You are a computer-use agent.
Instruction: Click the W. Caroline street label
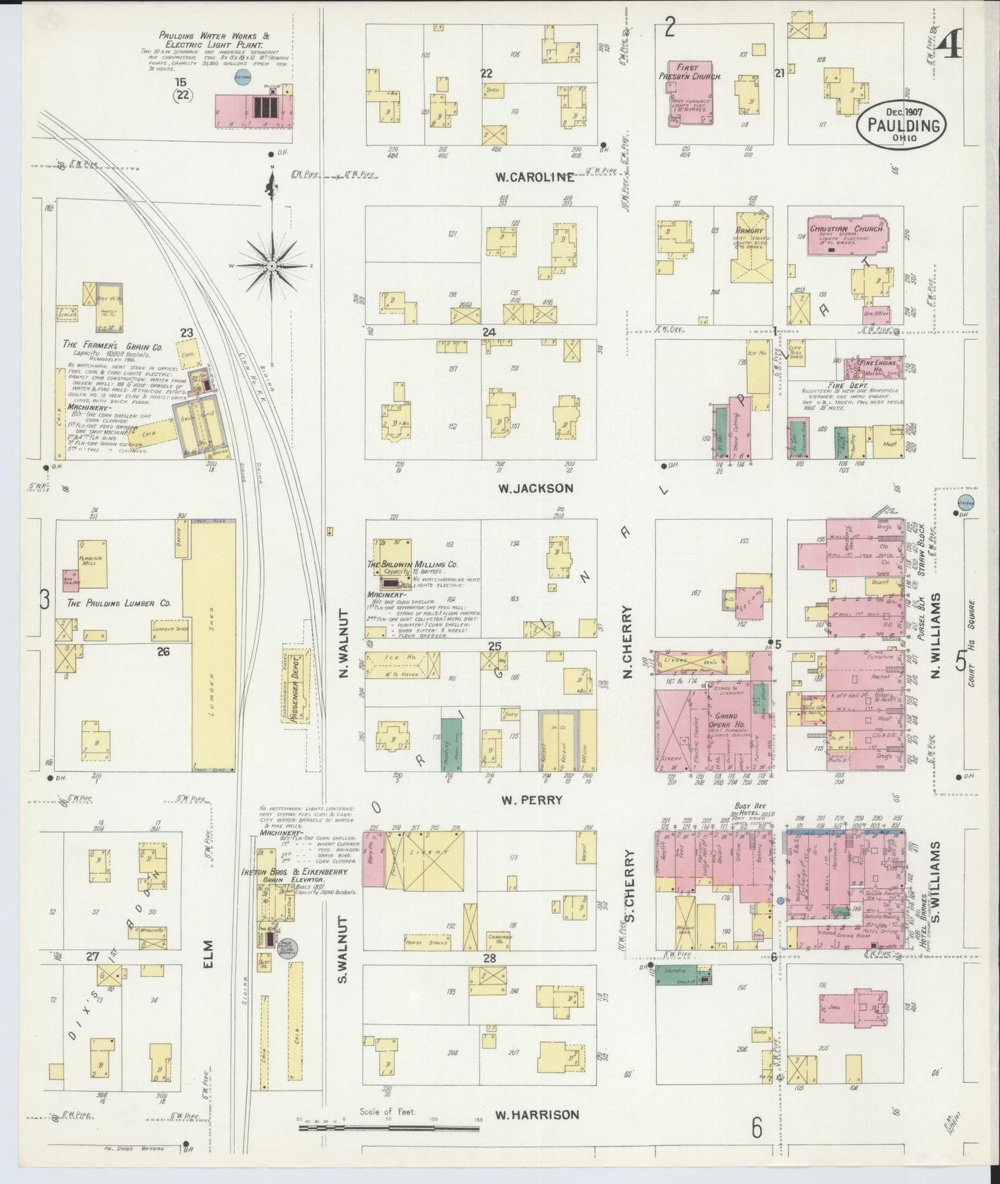(534, 177)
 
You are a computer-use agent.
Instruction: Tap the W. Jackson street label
(536, 488)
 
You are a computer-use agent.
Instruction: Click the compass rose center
(272, 266)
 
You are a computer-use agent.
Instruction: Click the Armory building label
(749, 231)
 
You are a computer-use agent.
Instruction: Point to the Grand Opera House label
(726, 720)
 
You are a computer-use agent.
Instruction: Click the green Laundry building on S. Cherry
(682, 976)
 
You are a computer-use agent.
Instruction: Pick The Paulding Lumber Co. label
(118, 603)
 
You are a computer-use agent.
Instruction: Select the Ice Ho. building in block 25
(401, 665)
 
